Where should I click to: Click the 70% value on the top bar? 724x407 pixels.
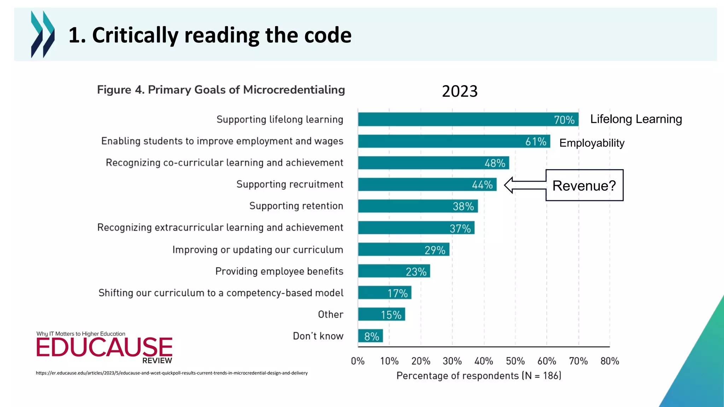point(564,120)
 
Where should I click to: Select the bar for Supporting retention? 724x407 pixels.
point(418,206)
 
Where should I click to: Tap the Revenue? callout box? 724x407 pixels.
point(584,185)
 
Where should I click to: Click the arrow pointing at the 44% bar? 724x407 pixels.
point(525,185)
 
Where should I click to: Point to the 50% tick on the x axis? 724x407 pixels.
point(515,361)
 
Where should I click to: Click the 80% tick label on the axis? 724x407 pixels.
point(609,361)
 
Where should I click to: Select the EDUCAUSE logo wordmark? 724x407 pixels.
point(104,347)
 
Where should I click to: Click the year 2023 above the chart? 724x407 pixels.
point(460,91)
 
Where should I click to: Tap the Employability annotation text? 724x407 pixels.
point(592,143)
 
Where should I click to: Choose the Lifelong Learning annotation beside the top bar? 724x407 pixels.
point(636,119)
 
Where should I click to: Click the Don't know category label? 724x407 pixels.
point(318,336)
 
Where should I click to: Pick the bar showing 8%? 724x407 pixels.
point(370,336)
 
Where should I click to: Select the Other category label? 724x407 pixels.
point(331,314)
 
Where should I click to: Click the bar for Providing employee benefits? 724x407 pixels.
point(394,271)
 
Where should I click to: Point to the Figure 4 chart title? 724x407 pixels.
point(221,90)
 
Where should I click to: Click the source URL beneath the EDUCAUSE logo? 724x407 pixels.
point(171,373)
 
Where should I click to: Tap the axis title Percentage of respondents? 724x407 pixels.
point(479,376)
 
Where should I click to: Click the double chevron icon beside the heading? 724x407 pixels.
point(43,34)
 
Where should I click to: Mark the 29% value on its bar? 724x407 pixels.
point(434,250)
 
